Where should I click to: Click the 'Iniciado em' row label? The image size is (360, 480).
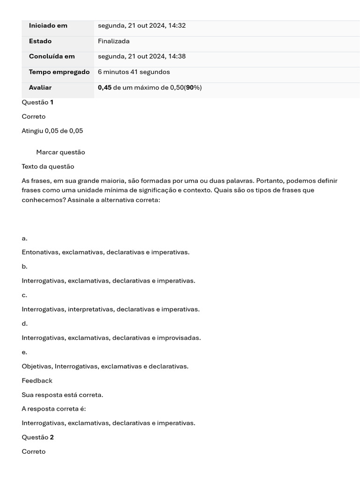point(48,26)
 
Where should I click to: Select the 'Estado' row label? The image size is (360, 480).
point(40,41)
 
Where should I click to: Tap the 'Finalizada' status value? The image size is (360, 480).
point(114,41)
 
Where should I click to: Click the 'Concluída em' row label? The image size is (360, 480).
point(52,57)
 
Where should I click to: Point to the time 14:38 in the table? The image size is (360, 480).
point(177,57)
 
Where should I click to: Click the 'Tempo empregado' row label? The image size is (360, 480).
point(59,72)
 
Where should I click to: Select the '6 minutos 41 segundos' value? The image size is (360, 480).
point(134,72)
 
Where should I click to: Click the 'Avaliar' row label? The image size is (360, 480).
point(40,88)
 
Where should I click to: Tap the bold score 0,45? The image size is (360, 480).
point(105,88)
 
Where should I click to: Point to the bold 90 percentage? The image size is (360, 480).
point(190,88)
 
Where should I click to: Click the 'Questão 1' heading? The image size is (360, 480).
point(37,102)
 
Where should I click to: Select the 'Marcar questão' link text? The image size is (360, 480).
point(60,152)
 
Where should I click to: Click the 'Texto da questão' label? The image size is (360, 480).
point(48,166)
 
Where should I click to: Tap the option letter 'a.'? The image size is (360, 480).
point(24,238)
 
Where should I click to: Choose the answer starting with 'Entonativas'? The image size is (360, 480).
point(105,252)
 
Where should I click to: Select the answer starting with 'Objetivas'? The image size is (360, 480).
point(105,366)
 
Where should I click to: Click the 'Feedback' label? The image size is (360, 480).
point(37,381)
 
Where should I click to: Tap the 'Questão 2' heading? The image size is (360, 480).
point(37,437)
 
